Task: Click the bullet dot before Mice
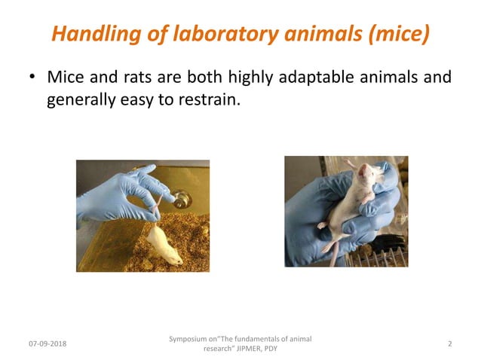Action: [x=32, y=78]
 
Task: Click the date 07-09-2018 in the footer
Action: [x=47, y=344]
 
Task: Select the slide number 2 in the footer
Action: [x=449, y=344]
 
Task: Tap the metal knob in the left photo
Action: [x=181, y=200]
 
